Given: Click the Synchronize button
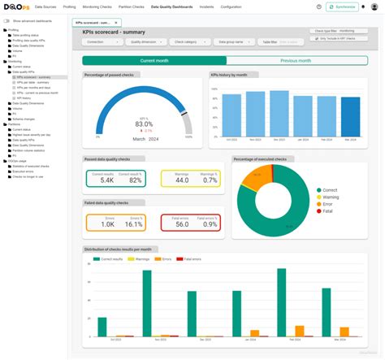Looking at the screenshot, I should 341,7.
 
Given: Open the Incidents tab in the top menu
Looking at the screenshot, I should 206,7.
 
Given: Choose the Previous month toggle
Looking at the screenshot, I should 296,60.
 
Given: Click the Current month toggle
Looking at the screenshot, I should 154,60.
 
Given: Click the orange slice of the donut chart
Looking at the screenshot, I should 249,175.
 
